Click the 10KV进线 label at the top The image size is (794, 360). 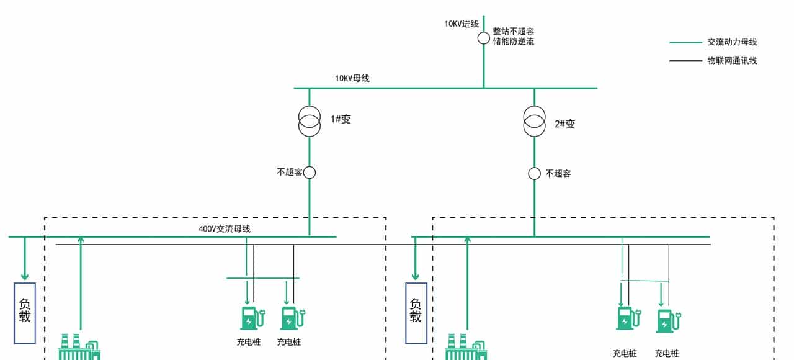click(461, 24)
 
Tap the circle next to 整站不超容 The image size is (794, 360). click(483, 38)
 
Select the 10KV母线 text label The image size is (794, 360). click(352, 79)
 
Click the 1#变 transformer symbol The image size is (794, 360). click(309, 121)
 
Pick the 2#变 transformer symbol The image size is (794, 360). click(534, 122)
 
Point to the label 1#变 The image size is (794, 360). click(341, 119)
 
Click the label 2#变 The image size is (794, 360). click(564, 124)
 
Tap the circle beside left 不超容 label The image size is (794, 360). click(310, 173)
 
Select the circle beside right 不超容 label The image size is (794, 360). click(534, 173)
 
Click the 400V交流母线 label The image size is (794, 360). click(225, 229)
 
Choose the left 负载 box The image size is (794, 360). click(25, 313)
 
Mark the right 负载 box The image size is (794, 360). click(416, 313)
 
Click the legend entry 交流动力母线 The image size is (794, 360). click(732, 42)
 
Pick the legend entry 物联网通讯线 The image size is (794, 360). click(732, 61)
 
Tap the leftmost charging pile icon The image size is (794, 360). click(251, 317)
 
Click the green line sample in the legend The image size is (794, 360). click(685, 43)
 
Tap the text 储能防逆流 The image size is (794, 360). click(513, 42)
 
